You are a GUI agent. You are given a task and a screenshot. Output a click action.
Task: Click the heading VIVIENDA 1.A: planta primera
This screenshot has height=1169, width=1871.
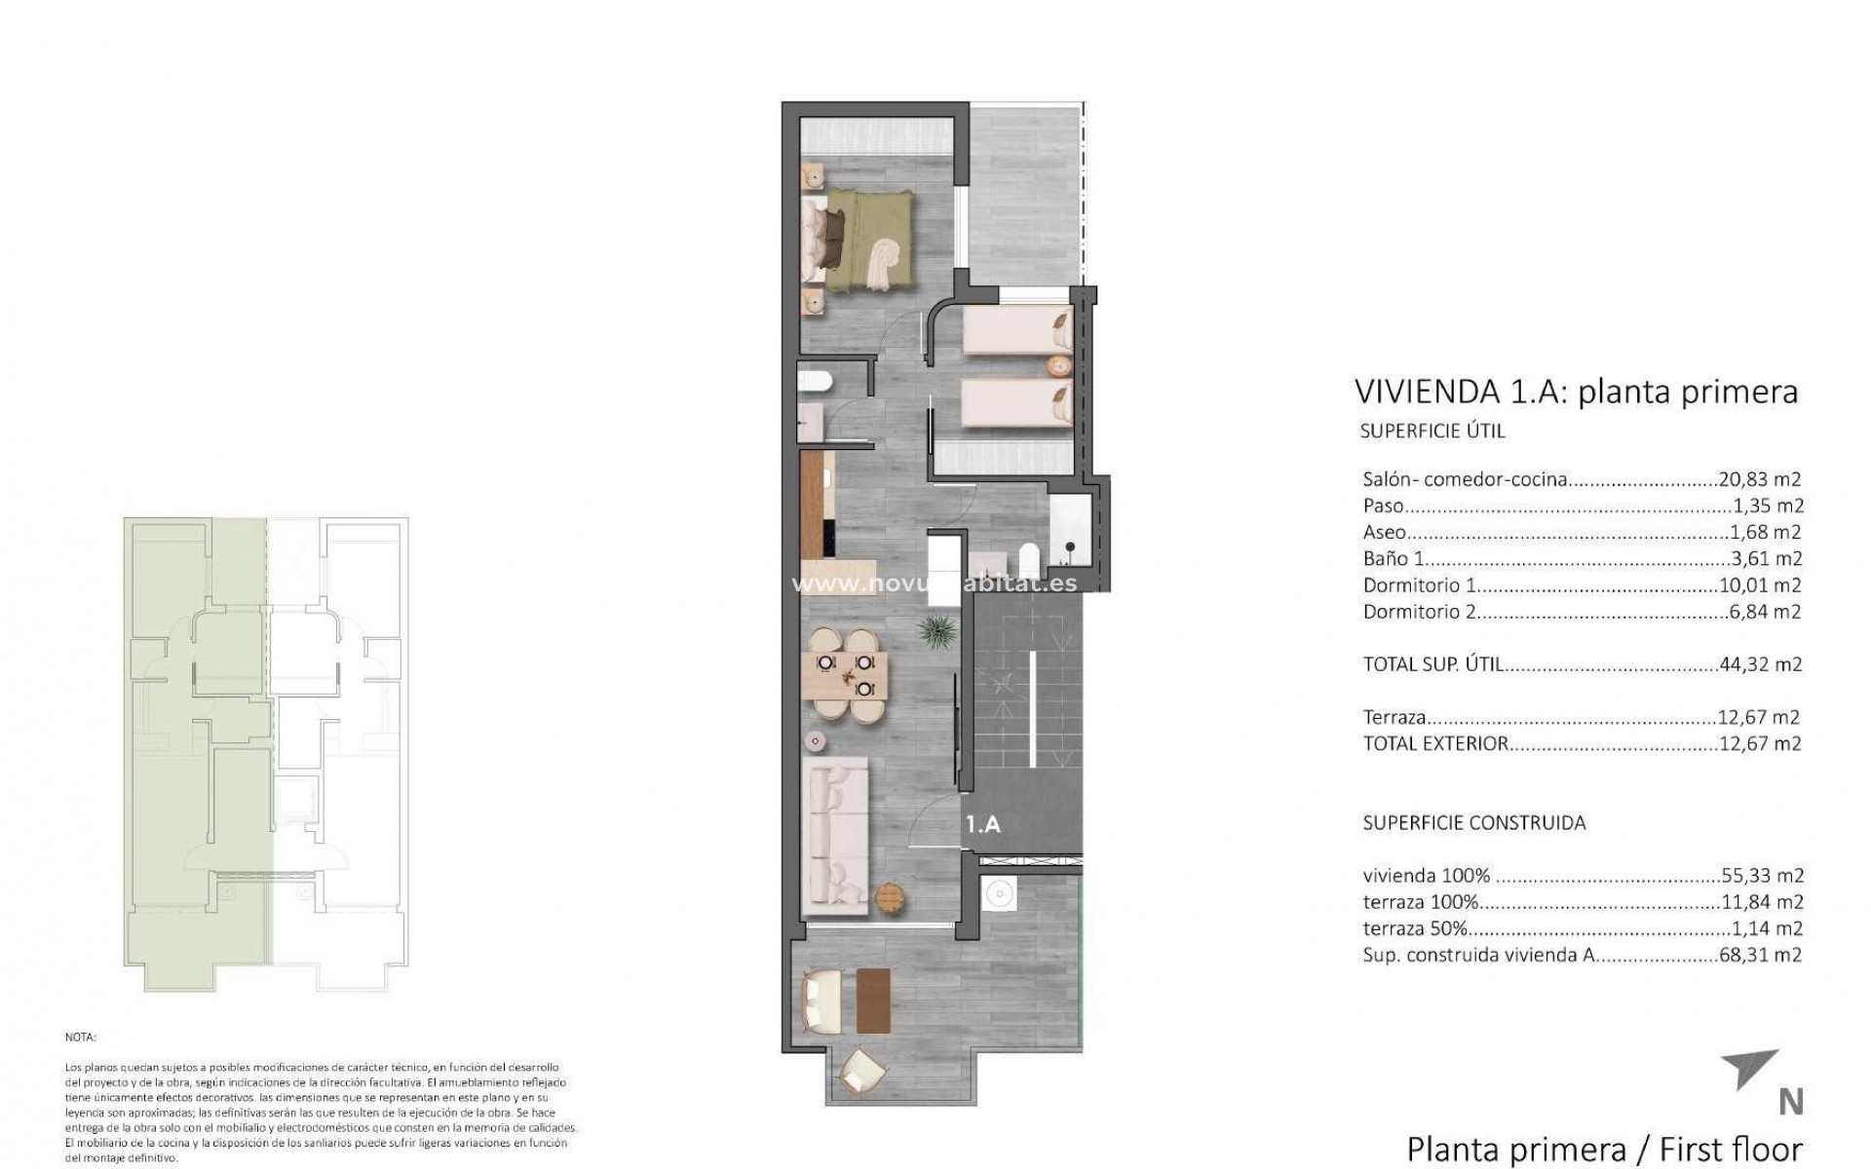1575,392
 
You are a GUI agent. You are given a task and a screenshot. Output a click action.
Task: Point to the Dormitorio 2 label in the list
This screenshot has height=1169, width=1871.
1419,612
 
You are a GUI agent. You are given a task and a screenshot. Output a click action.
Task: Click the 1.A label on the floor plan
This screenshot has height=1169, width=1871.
982,824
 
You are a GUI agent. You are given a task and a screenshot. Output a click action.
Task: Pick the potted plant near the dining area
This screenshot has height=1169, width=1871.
936,629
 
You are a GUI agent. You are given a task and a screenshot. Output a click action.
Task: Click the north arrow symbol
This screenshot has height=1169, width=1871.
1750,1070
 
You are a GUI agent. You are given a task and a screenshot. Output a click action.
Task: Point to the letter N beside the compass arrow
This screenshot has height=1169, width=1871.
1790,1102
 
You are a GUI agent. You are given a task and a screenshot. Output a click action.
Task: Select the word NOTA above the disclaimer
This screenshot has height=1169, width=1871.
81,1037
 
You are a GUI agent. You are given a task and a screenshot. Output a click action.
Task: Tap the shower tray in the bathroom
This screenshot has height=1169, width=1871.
1072,532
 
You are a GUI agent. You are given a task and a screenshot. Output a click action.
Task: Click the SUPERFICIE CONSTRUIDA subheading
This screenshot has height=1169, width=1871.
1473,822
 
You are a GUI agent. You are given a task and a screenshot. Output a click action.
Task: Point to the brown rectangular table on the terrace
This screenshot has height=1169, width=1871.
873,999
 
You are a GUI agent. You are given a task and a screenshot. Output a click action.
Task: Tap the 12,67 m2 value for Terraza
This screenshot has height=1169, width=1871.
1759,717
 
